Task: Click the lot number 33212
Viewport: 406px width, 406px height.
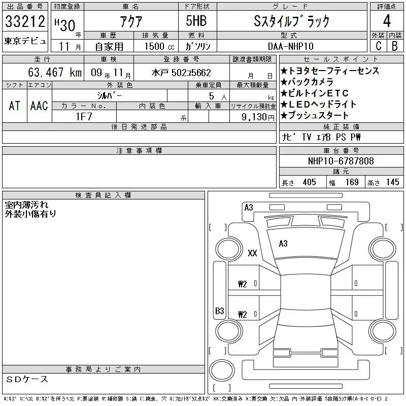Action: click(25, 21)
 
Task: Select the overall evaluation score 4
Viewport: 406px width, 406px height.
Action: click(387, 21)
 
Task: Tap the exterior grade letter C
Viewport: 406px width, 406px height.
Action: click(379, 46)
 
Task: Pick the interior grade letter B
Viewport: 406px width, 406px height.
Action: click(395, 46)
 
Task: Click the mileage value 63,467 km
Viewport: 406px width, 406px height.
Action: click(55, 72)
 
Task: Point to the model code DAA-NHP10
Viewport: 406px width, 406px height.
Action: click(291, 46)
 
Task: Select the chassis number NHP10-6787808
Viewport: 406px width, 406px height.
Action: click(341, 161)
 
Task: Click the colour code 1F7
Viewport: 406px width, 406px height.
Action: click(84, 117)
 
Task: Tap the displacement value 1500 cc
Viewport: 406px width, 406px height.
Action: click(159, 46)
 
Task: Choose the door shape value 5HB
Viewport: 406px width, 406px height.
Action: click(196, 21)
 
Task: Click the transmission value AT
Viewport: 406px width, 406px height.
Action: click(14, 106)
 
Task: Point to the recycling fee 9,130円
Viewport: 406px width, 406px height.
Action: click(258, 117)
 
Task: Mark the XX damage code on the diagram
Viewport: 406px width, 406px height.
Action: click(252, 253)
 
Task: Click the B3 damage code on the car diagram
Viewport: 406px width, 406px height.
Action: click(220, 311)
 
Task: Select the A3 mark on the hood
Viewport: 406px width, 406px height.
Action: click(283, 244)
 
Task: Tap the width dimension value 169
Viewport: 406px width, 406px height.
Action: click(352, 182)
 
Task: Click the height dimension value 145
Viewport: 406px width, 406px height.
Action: click(392, 182)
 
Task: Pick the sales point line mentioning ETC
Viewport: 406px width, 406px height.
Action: click(315, 93)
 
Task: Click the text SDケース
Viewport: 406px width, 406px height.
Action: click(27, 379)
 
